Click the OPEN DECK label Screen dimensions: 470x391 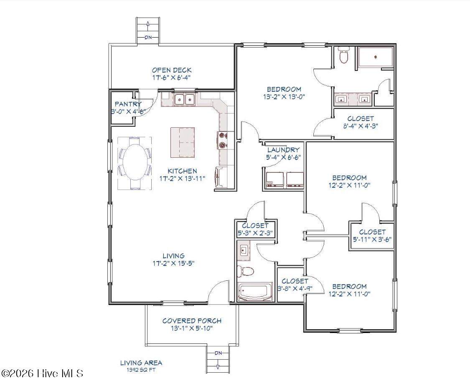(x=171, y=71)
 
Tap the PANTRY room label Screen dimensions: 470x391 (x=128, y=104)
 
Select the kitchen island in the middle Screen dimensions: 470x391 (x=183, y=142)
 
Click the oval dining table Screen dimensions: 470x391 (x=135, y=163)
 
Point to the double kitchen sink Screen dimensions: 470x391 (x=185, y=99)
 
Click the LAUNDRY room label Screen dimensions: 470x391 (x=283, y=150)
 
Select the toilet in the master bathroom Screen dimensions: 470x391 (x=343, y=55)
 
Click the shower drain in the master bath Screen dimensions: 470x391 (x=375, y=56)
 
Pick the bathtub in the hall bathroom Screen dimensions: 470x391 (x=255, y=292)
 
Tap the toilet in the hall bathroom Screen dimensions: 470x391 (x=245, y=271)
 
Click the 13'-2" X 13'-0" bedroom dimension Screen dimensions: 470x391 (x=284, y=97)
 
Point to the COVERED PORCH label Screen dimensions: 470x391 (x=192, y=321)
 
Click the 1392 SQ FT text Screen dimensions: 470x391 (x=141, y=370)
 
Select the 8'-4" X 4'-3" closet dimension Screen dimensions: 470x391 (x=361, y=126)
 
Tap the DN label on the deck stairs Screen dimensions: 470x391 (x=148, y=38)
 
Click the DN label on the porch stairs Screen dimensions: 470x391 (x=218, y=353)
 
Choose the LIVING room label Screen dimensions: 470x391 (x=173, y=256)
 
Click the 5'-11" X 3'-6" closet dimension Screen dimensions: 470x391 (x=372, y=240)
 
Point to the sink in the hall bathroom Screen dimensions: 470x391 (x=244, y=250)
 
